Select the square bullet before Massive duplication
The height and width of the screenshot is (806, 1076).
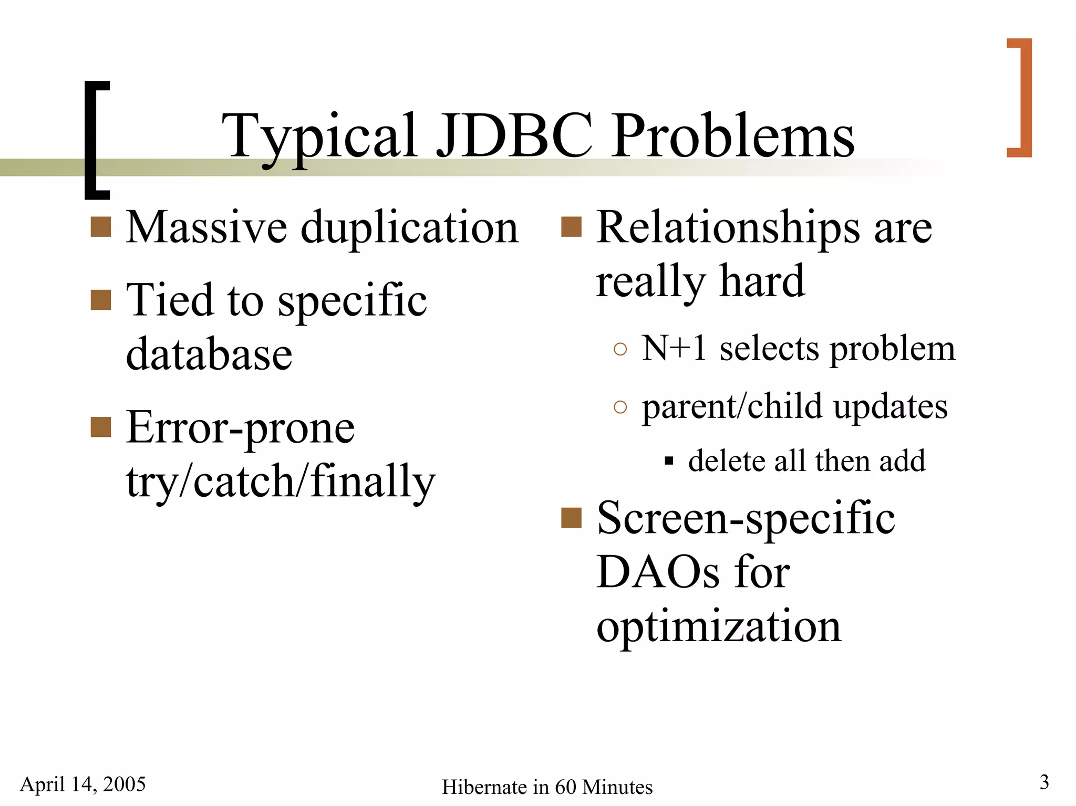tap(101, 227)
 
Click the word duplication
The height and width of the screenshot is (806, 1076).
tap(410, 227)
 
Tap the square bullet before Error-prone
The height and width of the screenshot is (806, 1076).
tap(101, 427)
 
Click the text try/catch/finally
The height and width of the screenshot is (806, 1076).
tap(281, 481)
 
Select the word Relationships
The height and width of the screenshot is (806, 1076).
tap(728, 227)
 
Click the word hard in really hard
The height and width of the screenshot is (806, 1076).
tap(762, 281)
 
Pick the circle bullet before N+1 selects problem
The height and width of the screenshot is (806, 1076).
tap(620, 349)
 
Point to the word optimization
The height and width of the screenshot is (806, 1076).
tap(719, 626)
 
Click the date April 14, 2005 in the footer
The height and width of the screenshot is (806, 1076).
tap(82, 784)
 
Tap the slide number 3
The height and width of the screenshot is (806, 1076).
tap(1044, 782)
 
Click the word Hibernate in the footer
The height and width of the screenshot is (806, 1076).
tap(484, 787)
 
